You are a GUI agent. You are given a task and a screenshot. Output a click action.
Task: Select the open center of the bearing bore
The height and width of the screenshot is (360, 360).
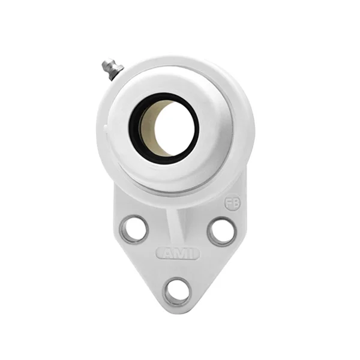(x=171, y=126)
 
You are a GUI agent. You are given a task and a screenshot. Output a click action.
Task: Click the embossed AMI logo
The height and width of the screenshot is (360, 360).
(x=178, y=254)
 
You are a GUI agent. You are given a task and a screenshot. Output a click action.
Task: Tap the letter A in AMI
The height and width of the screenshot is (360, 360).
(x=166, y=254)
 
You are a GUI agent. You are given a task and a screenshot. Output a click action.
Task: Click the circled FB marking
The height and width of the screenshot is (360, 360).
(x=232, y=204)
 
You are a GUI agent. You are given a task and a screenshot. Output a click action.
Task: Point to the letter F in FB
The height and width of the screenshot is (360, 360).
(x=229, y=204)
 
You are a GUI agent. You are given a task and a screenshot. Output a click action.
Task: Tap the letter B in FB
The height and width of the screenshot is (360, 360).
(x=235, y=204)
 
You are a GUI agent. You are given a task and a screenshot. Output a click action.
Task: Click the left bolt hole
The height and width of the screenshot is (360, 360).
(x=133, y=229)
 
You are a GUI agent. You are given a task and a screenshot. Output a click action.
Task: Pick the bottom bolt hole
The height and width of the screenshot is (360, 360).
(x=178, y=291)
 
